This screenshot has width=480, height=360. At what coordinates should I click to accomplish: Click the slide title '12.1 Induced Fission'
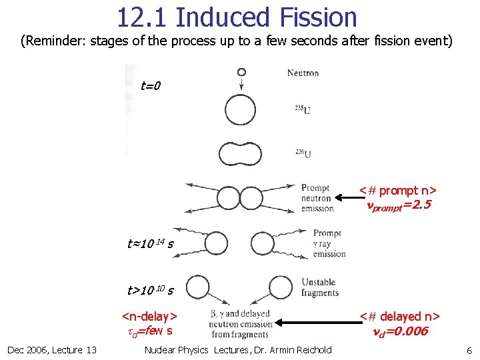(237, 17)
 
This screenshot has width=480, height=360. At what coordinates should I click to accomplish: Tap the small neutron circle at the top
(241, 72)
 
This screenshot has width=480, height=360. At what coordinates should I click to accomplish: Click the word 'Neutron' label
(303, 73)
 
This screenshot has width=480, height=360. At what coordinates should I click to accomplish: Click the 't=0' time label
(151, 85)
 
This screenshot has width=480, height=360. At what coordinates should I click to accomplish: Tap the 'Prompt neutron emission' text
(317, 198)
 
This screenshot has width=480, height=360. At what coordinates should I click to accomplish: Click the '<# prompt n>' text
(398, 191)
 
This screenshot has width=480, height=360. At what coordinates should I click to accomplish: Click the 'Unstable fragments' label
(319, 287)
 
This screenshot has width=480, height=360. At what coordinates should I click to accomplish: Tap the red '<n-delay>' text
(149, 316)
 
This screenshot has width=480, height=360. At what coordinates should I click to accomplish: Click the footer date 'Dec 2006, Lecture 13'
(52, 350)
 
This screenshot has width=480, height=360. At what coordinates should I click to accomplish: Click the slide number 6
(469, 350)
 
